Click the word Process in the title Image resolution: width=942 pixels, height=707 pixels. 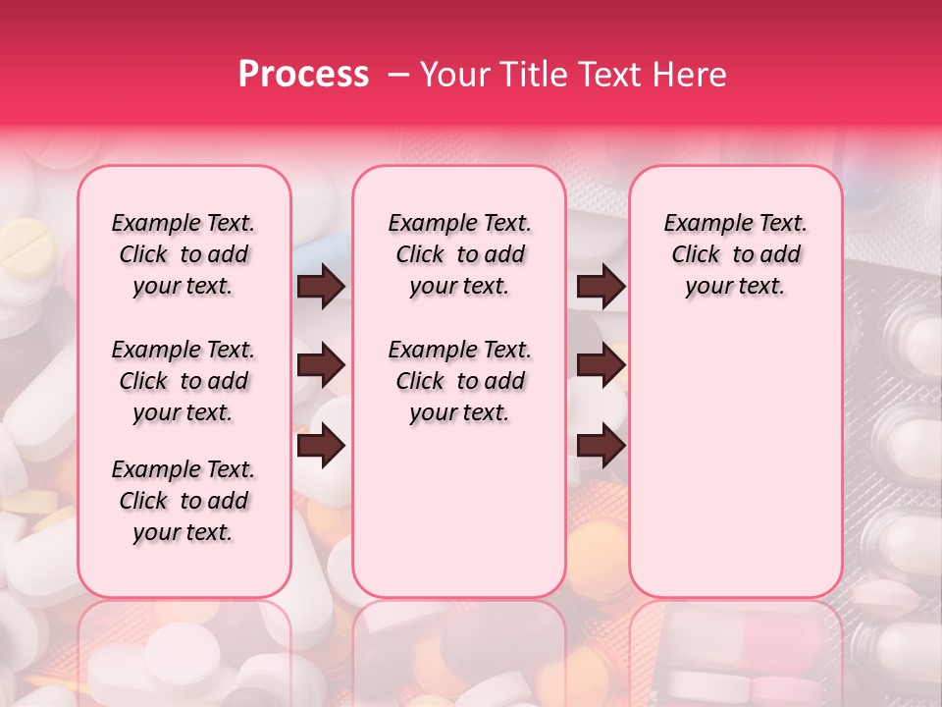(303, 75)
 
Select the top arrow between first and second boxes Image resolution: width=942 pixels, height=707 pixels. (321, 287)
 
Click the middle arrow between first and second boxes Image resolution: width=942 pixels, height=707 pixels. (321, 366)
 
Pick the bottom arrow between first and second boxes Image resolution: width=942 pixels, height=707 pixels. (321, 446)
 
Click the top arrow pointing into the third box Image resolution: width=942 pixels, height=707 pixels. (601, 287)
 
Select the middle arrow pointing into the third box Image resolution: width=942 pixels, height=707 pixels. (601, 366)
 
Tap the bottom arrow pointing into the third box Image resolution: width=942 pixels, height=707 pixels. (601, 446)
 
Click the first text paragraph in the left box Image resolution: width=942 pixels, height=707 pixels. (183, 254)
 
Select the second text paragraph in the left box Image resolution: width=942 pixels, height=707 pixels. (183, 381)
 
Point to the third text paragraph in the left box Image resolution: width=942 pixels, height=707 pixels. (183, 501)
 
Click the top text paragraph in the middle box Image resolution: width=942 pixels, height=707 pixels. (459, 254)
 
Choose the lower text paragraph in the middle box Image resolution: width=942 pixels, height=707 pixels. (459, 381)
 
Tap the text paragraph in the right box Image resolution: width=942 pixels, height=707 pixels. (735, 254)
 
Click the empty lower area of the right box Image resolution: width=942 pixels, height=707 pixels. (735, 462)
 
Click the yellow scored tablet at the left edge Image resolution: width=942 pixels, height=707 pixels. (26, 245)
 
